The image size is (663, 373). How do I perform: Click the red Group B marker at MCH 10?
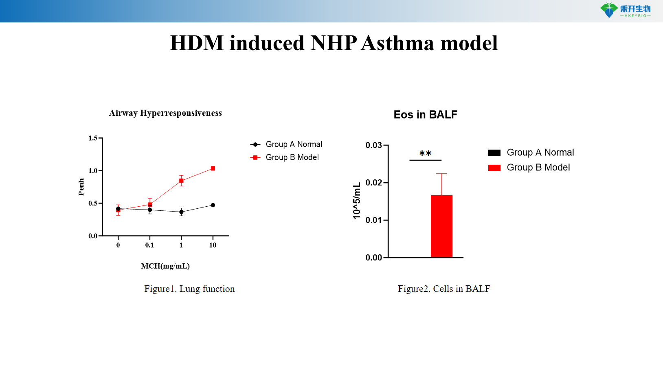tap(213, 168)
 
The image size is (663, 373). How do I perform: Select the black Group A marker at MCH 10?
tap(213, 205)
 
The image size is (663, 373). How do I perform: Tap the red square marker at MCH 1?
tap(181, 181)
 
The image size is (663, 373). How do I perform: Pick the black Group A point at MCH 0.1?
tap(150, 210)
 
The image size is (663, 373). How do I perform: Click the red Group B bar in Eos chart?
tap(441, 226)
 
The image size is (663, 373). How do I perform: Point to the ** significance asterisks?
tap(425, 154)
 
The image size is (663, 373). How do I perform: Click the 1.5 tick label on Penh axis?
tap(93, 138)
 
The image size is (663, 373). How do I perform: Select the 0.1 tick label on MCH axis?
tap(149, 245)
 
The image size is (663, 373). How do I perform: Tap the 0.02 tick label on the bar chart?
tap(373, 183)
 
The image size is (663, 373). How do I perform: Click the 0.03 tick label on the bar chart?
tap(373, 145)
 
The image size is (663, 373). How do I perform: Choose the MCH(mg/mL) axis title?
tap(165, 266)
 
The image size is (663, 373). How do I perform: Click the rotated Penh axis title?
tap(81, 187)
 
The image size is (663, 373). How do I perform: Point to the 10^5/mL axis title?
tap(357, 201)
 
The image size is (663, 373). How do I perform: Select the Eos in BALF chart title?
tap(425, 115)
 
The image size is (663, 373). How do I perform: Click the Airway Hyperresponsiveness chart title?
tap(165, 113)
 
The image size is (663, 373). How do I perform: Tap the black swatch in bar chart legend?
tap(494, 152)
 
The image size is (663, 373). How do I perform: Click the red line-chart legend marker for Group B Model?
tap(255, 157)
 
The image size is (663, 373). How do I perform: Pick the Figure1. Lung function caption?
tap(189, 289)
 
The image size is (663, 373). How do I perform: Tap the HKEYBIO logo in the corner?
tap(625, 10)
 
